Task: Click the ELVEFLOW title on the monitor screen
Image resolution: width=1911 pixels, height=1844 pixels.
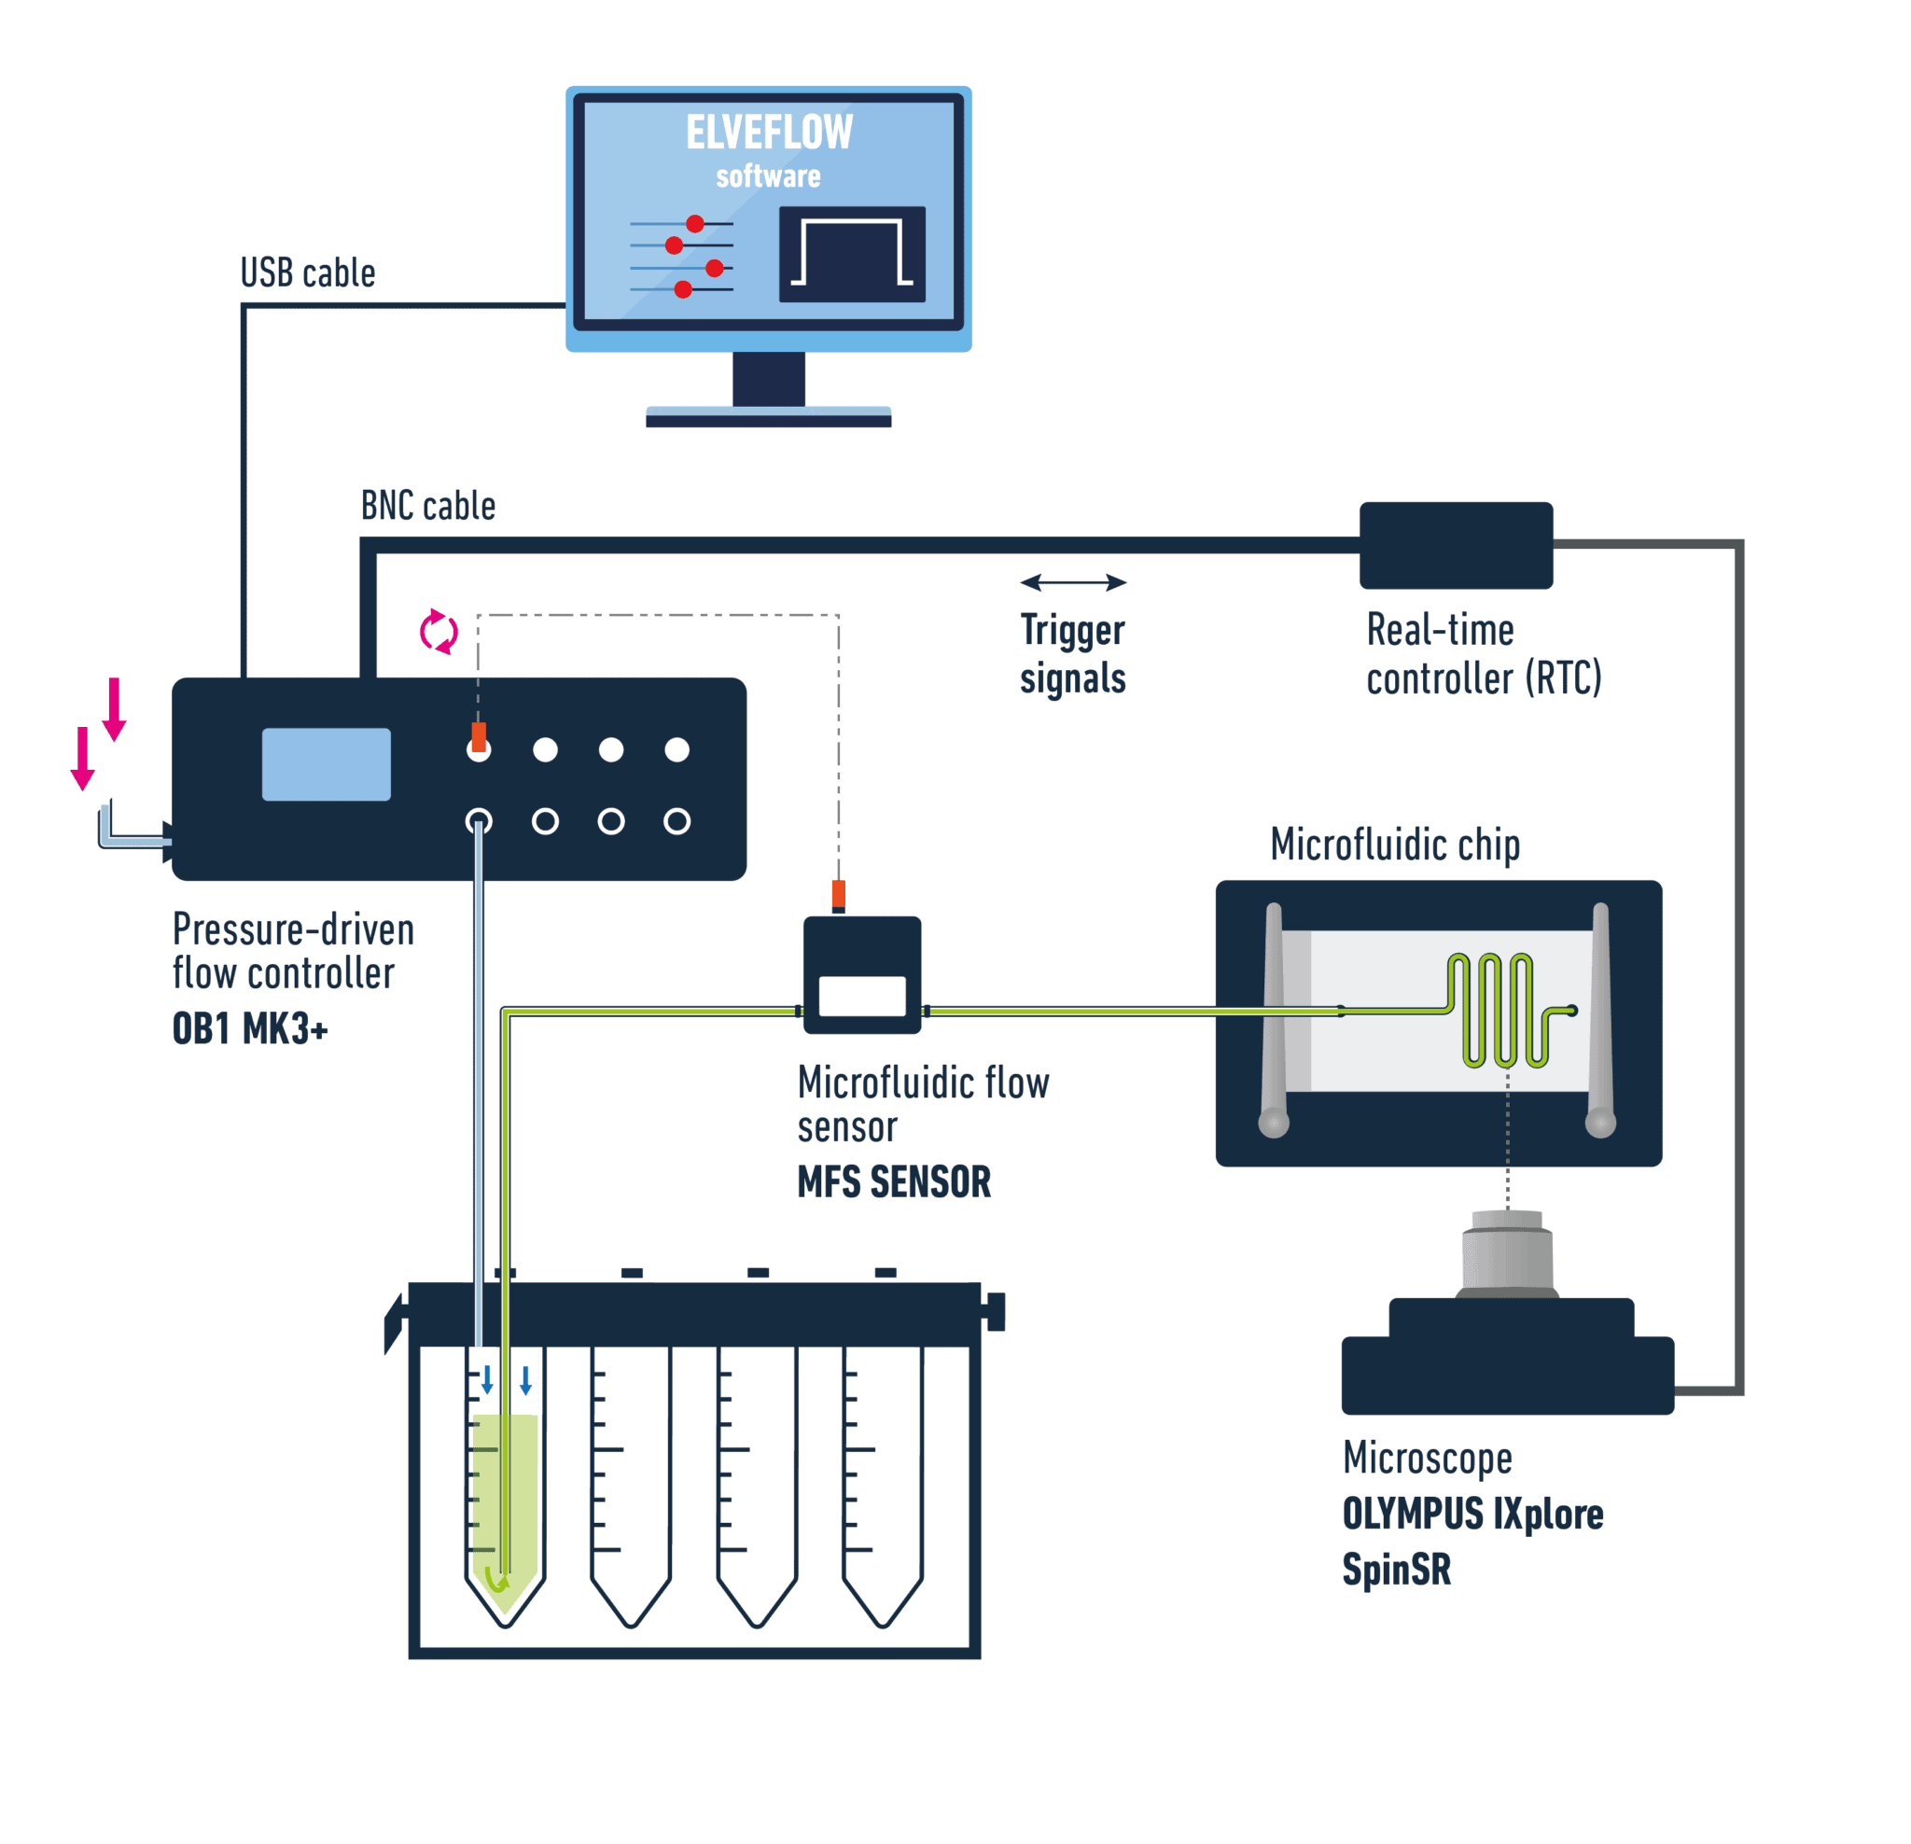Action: (768, 133)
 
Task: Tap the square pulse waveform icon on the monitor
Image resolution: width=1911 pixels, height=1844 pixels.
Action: (851, 254)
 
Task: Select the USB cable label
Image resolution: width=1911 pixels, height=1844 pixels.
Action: (307, 273)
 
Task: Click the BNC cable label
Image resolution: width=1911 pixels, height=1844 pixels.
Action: (427, 506)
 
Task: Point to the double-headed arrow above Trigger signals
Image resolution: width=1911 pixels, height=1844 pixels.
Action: (1072, 582)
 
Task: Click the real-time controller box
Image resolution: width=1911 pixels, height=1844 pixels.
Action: (1455, 545)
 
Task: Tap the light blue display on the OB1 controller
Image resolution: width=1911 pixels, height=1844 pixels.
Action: (326, 763)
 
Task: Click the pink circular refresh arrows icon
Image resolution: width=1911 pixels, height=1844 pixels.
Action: (438, 632)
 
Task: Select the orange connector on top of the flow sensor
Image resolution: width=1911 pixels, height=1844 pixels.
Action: (838, 894)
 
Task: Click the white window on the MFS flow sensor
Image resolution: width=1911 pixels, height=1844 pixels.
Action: (861, 996)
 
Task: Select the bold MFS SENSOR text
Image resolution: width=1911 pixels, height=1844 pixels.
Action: (893, 1181)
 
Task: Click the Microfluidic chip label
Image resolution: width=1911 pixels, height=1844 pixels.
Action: (1394, 845)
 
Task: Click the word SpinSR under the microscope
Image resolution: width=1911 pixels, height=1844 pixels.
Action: (1395, 1569)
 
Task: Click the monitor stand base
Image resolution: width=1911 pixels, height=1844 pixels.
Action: (767, 416)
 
